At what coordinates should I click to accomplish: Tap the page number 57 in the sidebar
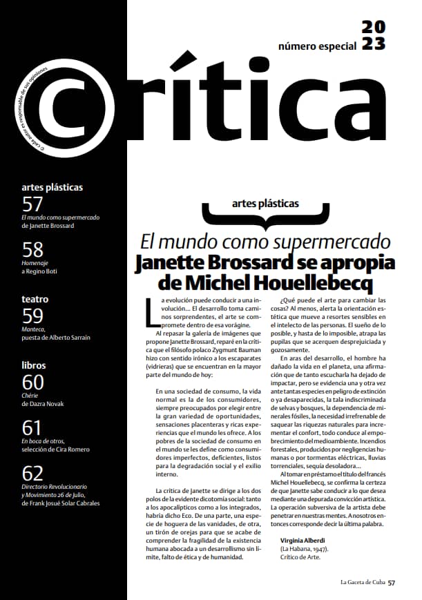pos(32,204)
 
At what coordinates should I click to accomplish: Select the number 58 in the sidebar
pos(32,249)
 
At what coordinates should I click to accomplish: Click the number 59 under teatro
pos(32,316)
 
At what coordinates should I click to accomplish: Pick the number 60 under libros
pos(32,382)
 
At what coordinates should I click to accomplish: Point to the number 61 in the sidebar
pos(32,427)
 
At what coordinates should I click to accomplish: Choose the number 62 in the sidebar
pos(32,473)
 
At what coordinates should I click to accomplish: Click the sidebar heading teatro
pos(35,300)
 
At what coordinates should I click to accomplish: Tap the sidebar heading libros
pos(34,365)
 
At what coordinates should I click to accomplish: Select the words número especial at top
pos(317,46)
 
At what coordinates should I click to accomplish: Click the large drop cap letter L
pos(153,311)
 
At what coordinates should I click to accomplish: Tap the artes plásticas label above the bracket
pos(267,204)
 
